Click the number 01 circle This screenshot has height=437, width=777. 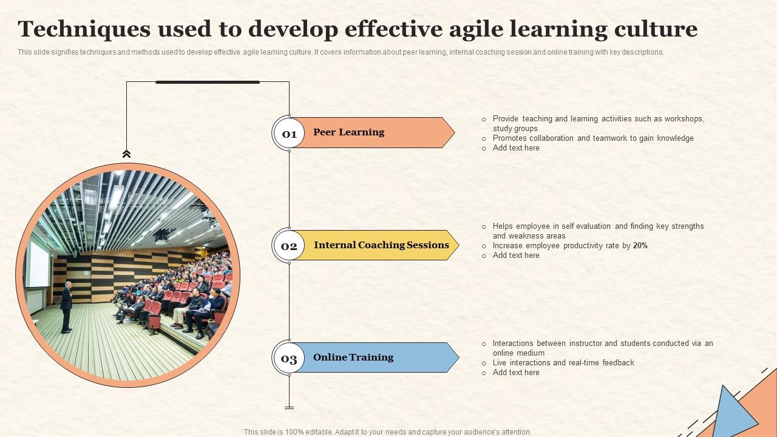pos(289,134)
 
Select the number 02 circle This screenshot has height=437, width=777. pos(289,246)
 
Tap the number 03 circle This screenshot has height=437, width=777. pos(289,358)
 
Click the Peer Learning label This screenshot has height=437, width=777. pos(348,132)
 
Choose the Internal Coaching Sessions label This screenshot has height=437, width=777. pos(381,245)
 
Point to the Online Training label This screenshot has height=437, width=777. pos(353,357)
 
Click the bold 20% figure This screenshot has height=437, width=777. pos(640,246)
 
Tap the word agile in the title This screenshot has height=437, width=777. pos(478,29)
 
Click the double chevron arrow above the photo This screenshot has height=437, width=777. pos(126,154)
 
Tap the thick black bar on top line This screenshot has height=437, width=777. pos(208,82)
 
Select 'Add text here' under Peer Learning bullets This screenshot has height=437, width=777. pos(516,148)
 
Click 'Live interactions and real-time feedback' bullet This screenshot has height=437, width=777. pos(563,363)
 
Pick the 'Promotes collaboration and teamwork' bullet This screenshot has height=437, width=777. pos(592,138)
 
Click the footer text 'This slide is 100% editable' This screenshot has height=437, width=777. pos(387,432)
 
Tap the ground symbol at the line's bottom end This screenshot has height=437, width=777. pos(289,407)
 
